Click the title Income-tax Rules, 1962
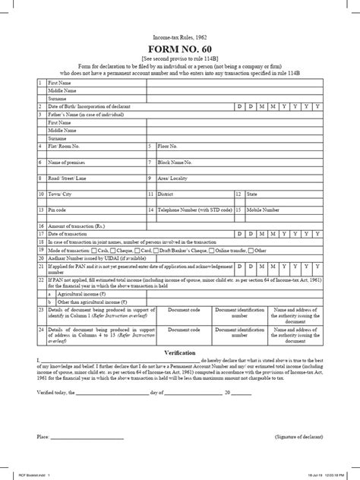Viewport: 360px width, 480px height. click(179, 36)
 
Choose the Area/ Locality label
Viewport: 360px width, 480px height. click(171, 180)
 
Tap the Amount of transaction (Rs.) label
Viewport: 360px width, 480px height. click(76, 226)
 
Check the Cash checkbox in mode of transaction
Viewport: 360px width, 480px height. click(94, 250)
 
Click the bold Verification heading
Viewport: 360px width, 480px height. click(180, 354)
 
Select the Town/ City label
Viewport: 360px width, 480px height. click(60, 194)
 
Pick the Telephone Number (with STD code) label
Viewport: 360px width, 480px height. click(194, 209)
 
